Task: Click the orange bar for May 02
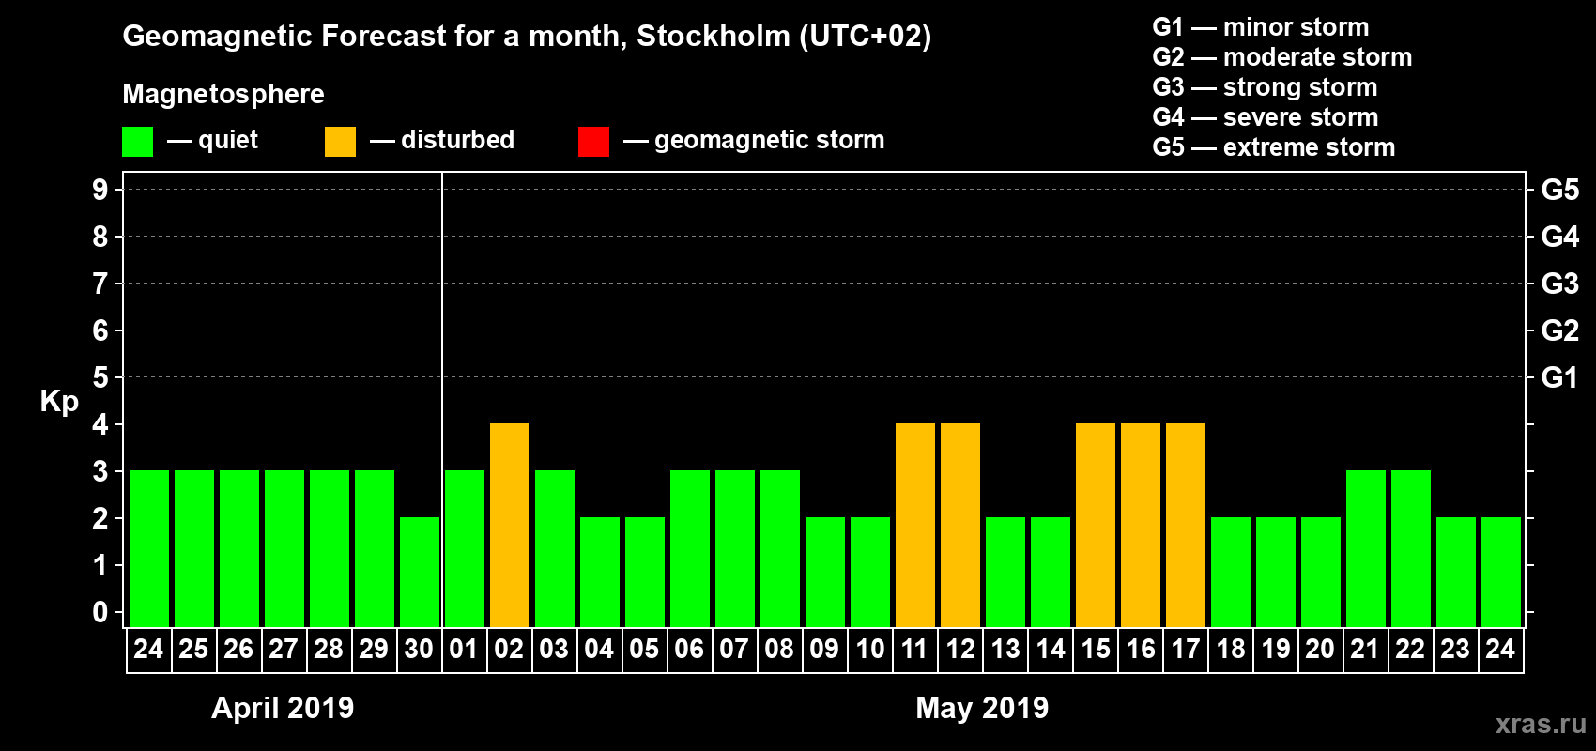510,526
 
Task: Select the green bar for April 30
420,572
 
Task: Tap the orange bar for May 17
1186,526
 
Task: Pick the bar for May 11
915,526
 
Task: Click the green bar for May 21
1366,549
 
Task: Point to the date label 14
1050,650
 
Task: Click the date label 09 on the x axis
824,650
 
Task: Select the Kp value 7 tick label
100,284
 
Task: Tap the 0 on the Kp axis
100,612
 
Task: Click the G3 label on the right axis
1559,284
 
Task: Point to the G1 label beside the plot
1559,377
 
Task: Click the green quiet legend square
138,142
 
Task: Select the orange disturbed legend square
340,142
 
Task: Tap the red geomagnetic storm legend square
593,142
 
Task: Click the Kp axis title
59,402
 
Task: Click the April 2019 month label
283,708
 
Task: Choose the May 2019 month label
982,708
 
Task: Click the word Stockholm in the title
714,37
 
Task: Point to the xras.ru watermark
1540,724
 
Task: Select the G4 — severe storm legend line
1265,117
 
